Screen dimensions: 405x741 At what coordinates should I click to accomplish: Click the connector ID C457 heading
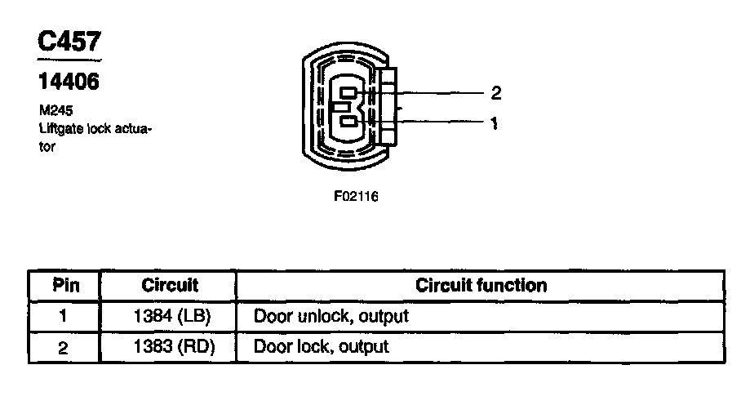click(x=69, y=42)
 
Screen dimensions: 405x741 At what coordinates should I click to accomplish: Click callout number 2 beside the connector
click(x=495, y=93)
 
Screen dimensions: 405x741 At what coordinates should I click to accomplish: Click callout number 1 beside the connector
click(x=495, y=125)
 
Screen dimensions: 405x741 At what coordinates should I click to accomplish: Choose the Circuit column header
click(x=170, y=286)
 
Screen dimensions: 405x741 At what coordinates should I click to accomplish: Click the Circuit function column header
click(x=481, y=286)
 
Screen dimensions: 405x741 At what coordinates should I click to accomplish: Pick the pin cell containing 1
click(x=64, y=316)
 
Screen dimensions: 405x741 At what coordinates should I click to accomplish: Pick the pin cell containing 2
click(x=64, y=347)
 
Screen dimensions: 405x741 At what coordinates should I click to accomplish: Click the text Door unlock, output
click(x=331, y=316)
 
